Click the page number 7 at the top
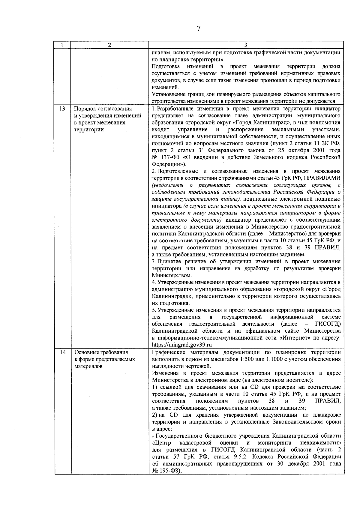(x=198, y=29)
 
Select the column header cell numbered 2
(x=109, y=45)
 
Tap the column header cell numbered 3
(x=246, y=45)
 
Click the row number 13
(x=62, y=109)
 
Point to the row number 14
(x=62, y=352)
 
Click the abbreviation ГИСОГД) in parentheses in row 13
(x=328, y=324)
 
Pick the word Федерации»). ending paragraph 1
(x=169, y=164)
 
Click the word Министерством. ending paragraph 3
(x=172, y=275)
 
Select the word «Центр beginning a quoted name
(x=161, y=443)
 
